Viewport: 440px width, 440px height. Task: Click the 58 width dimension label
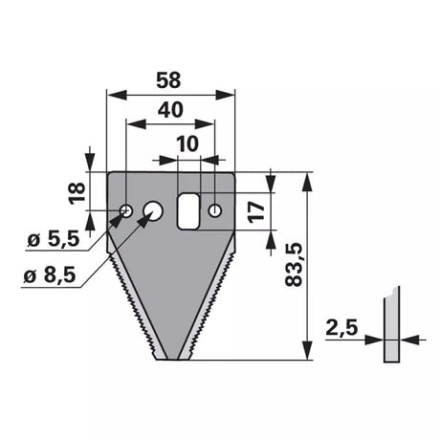(x=168, y=80)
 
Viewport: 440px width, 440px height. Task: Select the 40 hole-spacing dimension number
(x=170, y=110)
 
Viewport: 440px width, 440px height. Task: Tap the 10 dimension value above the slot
(x=188, y=143)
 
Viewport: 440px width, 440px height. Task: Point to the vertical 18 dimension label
(x=77, y=193)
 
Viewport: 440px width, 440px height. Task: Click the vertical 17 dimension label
(x=257, y=211)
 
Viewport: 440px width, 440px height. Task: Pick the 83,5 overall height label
(x=294, y=265)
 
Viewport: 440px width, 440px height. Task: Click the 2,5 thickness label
(x=341, y=328)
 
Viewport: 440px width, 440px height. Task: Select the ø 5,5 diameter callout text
(x=54, y=239)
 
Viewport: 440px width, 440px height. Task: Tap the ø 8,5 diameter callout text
(x=50, y=275)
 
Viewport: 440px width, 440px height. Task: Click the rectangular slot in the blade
(x=188, y=211)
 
